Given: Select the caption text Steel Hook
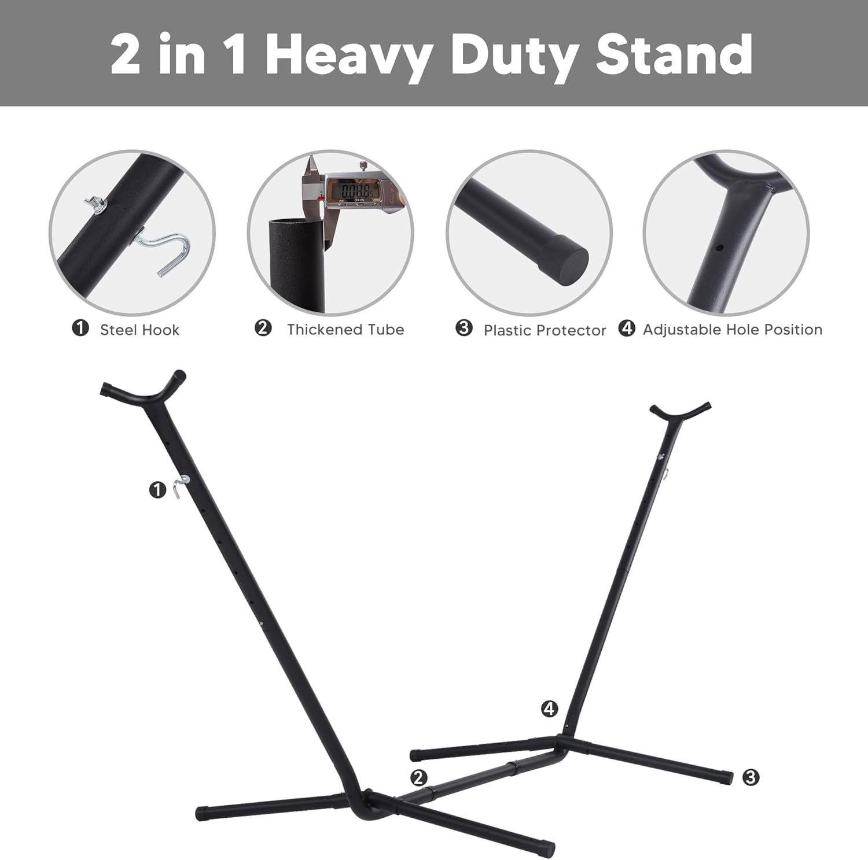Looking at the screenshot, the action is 139,330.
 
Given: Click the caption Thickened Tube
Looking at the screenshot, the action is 345,330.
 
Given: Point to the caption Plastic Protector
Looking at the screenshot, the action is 545,330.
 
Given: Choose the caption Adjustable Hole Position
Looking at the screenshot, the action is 733,330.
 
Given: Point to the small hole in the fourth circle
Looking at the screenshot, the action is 719,248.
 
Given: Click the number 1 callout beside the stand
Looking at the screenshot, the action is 157,490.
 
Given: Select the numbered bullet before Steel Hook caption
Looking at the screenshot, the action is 80,329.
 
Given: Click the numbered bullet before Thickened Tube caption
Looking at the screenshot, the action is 263,329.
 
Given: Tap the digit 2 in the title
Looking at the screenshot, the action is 126,55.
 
